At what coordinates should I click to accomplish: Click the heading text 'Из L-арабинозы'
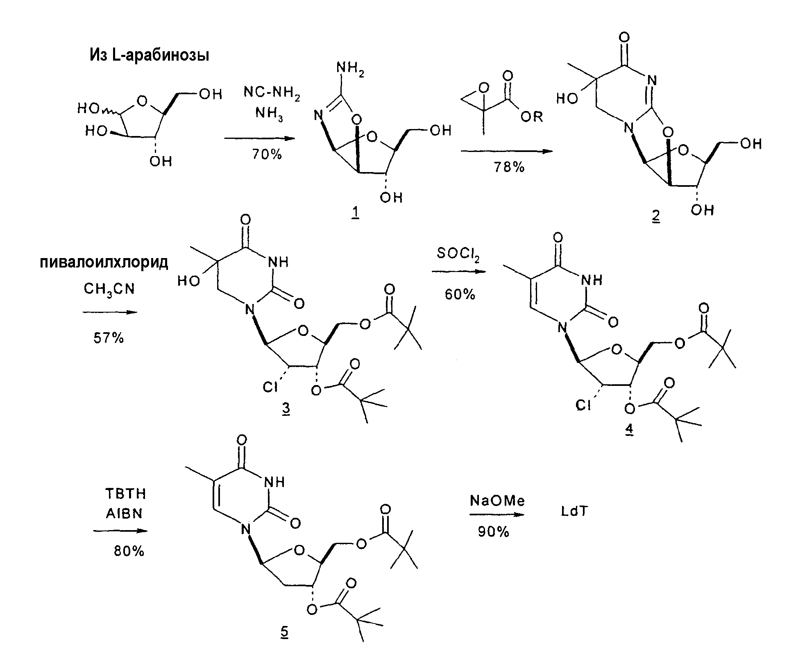pos(149,55)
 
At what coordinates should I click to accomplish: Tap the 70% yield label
pos(266,154)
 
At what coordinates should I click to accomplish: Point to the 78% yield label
pos(509,167)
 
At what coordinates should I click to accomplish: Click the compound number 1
pos(355,214)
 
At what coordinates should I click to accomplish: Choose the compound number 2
pos(656,215)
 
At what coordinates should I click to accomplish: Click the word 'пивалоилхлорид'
pos(104,262)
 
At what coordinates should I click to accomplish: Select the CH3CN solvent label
pos(109,290)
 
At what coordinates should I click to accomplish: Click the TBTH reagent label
pos(126,494)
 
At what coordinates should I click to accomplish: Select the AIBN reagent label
pos(124,513)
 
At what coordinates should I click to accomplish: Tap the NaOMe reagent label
pos(497,501)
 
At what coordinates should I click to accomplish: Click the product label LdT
pos(574,512)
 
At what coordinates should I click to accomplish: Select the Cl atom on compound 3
pos(270,386)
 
